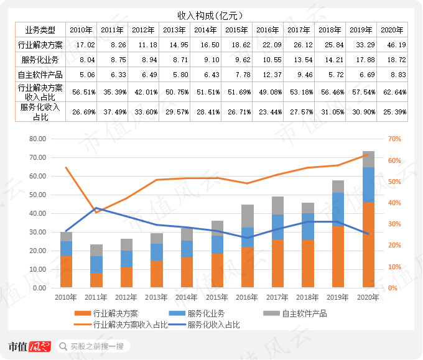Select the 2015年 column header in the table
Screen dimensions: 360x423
coord(236,30)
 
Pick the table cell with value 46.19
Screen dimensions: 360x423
coord(392,45)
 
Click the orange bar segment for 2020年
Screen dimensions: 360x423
coord(368,245)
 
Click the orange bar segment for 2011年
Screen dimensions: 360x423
coord(96,280)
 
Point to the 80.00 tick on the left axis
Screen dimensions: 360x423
coord(39,139)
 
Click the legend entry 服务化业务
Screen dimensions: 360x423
coord(199,313)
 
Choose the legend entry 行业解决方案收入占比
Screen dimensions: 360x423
coord(129,325)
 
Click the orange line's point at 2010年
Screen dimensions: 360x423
coord(66,168)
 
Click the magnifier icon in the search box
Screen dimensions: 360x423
coord(63,346)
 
